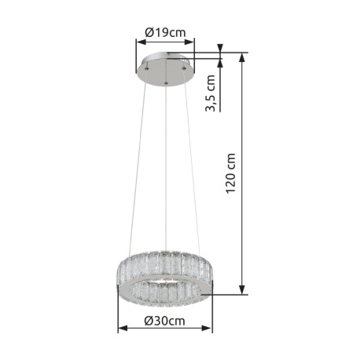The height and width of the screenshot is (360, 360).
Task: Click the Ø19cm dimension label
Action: point(165,33)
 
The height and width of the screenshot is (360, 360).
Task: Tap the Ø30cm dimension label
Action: point(164,321)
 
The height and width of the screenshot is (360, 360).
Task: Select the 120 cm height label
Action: point(231,174)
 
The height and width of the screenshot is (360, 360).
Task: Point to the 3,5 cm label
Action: point(210,93)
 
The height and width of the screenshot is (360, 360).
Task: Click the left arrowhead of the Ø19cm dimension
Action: point(141,42)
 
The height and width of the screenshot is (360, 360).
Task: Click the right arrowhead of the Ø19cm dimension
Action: point(189,42)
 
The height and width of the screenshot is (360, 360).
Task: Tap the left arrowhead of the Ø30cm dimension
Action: point(123,328)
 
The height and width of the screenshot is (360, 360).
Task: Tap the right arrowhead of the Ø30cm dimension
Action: point(208,328)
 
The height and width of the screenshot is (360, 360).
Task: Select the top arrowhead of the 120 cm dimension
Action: point(242,57)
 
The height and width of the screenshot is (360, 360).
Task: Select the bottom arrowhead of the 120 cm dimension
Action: point(242,289)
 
